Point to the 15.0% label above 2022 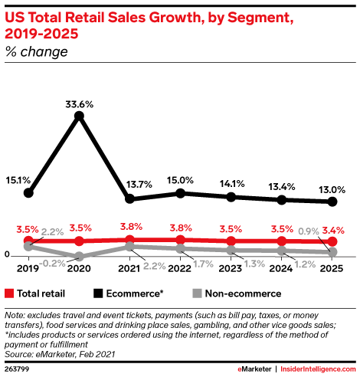pyautogui.click(x=180, y=180)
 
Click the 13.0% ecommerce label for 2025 pyautogui.click(x=332, y=189)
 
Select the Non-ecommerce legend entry pyautogui.click(x=237, y=293)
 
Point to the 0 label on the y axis pyautogui.click(x=7, y=254)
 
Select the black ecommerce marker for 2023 pyautogui.click(x=231, y=197)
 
